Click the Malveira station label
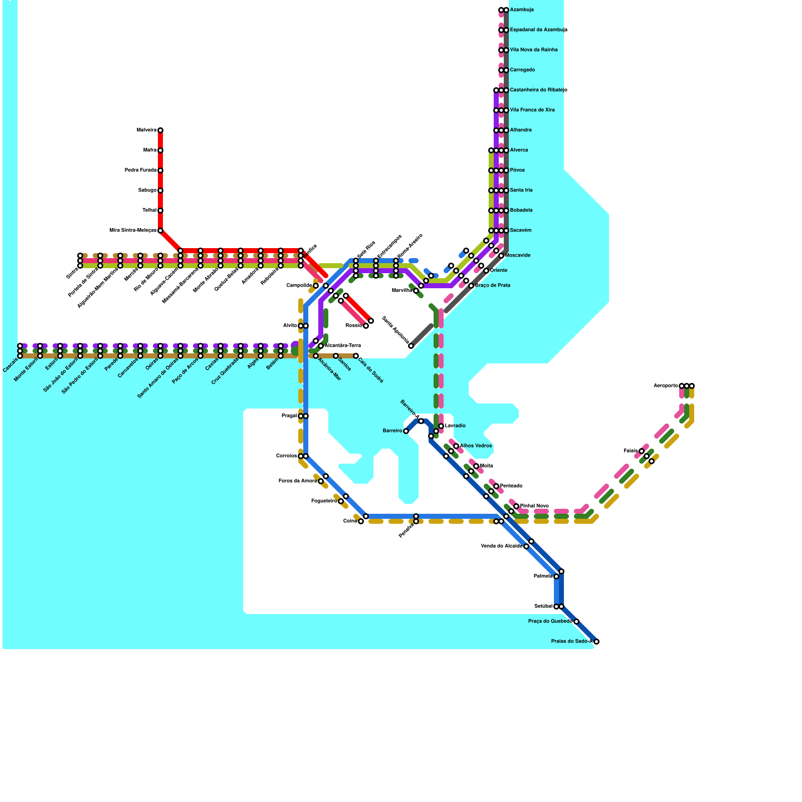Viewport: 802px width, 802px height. tap(146, 130)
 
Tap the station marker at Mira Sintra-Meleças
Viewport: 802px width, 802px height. tap(160, 231)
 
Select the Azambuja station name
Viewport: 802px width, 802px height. tap(522, 10)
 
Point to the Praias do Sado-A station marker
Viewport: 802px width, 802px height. tap(596, 642)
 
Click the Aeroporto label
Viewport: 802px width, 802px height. tap(666, 386)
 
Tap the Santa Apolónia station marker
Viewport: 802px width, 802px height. tap(411, 346)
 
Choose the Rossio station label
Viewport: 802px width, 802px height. tap(353, 326)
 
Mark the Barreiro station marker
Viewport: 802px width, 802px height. tap(406, 431)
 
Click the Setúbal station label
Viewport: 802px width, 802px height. tap(543, 607)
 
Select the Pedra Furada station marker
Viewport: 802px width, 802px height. tap(160, 170)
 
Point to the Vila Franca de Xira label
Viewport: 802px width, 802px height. tap(532, 110)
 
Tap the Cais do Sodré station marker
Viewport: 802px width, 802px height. tap(356, 356)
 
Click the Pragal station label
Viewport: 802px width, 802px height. tap(289, 416)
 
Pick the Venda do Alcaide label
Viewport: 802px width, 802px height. tap(502, 546)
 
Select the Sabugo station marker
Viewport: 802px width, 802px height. tap(160, 190)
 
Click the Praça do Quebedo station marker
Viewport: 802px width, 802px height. tap(576, 622)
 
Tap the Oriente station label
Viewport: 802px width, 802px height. tap(499, 271)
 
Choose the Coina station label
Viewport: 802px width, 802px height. tap(350, 521)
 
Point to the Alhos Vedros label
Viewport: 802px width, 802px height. tap(476, 446)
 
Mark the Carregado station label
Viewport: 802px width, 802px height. tap(522, 70)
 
